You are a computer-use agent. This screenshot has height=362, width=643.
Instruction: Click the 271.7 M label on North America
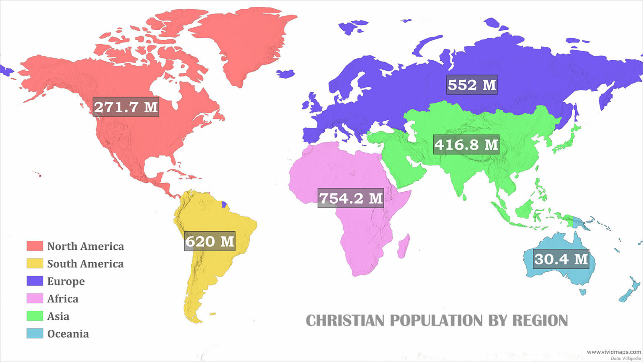point(126,107)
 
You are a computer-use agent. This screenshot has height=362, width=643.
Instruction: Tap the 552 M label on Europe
point(472,85)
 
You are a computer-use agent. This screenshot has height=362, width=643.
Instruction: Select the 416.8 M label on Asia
point(466,145)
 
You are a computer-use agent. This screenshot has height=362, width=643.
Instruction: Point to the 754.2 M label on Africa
point(351,198)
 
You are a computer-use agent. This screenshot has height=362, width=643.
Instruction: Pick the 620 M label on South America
point(210,241)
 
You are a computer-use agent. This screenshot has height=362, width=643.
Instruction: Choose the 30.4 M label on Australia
point(561,259)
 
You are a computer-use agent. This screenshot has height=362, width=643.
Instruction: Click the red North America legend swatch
point(35,246)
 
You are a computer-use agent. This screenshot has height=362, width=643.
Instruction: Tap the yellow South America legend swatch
point(35,264)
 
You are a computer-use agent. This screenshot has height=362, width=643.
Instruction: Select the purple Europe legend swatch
point(35,281)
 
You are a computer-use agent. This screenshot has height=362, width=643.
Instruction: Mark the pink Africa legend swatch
point(35,299)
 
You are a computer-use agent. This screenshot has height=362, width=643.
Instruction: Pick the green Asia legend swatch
point(35,316)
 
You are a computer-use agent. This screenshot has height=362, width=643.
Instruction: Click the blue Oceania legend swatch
point(35,334)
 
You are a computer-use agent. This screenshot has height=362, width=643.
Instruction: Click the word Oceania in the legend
point(68,334)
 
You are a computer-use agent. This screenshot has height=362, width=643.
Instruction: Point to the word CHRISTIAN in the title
point(345,321)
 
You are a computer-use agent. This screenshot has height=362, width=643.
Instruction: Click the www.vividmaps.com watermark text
point(614,352)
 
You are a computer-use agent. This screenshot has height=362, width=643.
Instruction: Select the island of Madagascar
point(404,247)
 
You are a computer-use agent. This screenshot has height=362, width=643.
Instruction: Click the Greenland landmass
point(247,42)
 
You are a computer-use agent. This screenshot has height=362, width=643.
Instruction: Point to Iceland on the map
point(285,74)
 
